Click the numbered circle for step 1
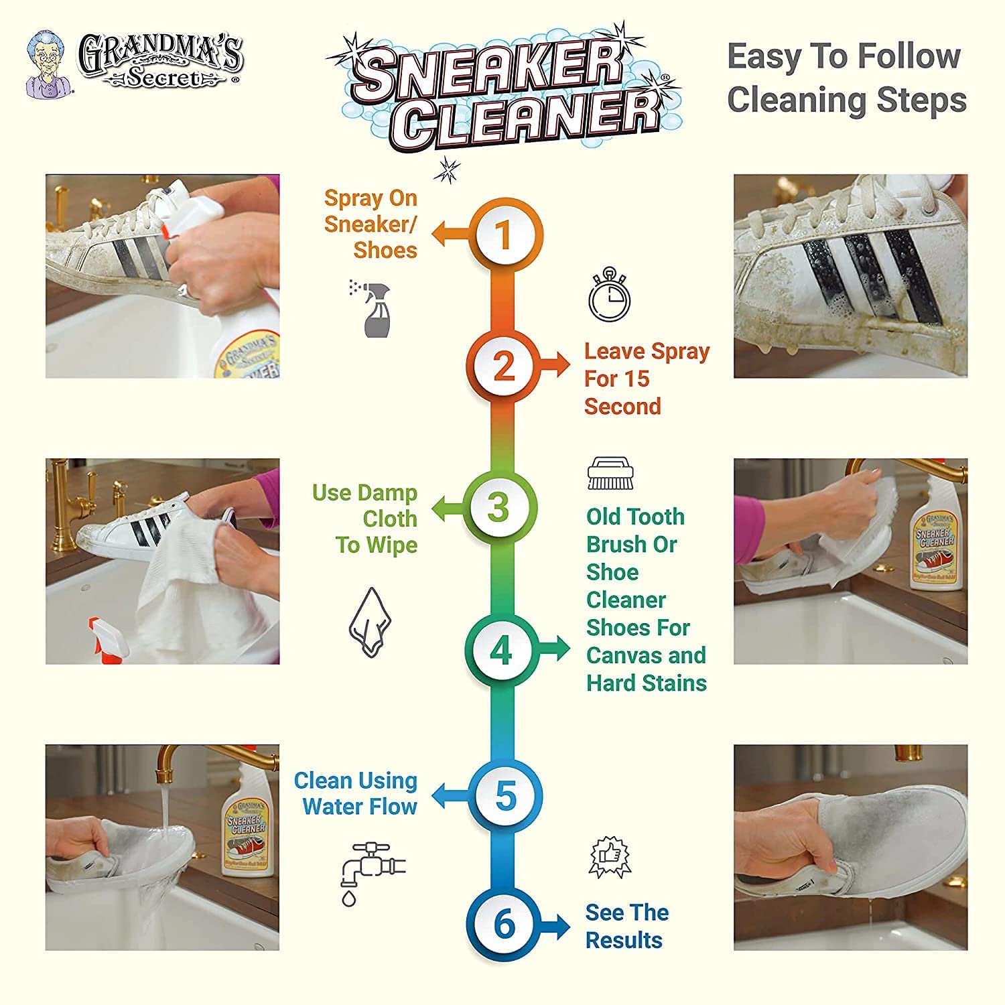coord(505,235)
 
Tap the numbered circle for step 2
coord(504,366)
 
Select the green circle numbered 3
coord(499,507)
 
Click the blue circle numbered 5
coord(505,797)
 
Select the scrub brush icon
coord(610,474)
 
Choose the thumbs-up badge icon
coord(610,858)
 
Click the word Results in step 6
coord(624,940)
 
